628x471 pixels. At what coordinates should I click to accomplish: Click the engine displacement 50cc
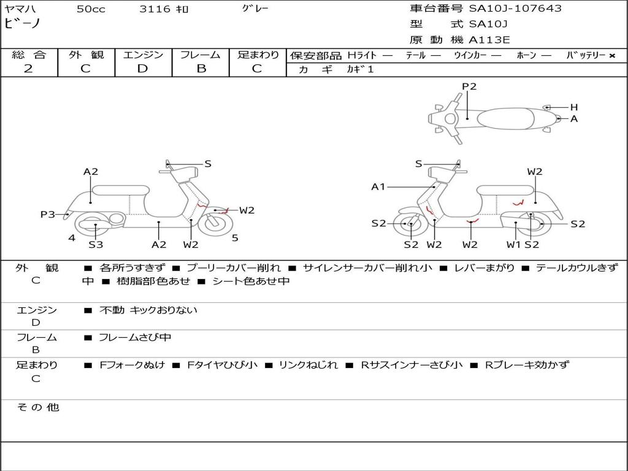click(x=90, y=9)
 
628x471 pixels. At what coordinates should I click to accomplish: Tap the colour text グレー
click(x=255, y=9)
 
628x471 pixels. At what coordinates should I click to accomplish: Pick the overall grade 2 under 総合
click(x=28, y=69)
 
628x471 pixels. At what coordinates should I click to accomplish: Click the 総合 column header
click(x=29, y=55)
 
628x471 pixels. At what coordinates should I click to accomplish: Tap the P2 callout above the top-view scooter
click(x=469, y=86)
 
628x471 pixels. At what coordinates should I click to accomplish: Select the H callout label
click(x=574, y=107)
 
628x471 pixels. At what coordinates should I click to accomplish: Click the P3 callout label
click(x=48, y=215)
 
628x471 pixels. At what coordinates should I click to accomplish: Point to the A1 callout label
click(x=378, y=187)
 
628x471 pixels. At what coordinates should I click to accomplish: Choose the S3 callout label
click(x=96, y=245)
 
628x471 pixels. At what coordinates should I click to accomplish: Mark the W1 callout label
click(x=513, y=245)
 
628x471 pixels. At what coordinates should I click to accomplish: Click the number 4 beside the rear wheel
click(x=72, y=238)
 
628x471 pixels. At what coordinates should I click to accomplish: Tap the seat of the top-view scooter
click(x=507, y=118)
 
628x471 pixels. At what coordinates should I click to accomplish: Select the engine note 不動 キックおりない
click(x=148, y=310)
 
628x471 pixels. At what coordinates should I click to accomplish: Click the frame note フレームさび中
click(x=135, y=337)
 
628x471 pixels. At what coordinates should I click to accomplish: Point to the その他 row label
click(x=37, y=407)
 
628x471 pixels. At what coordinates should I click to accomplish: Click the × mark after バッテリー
click(x=611, y=55)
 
